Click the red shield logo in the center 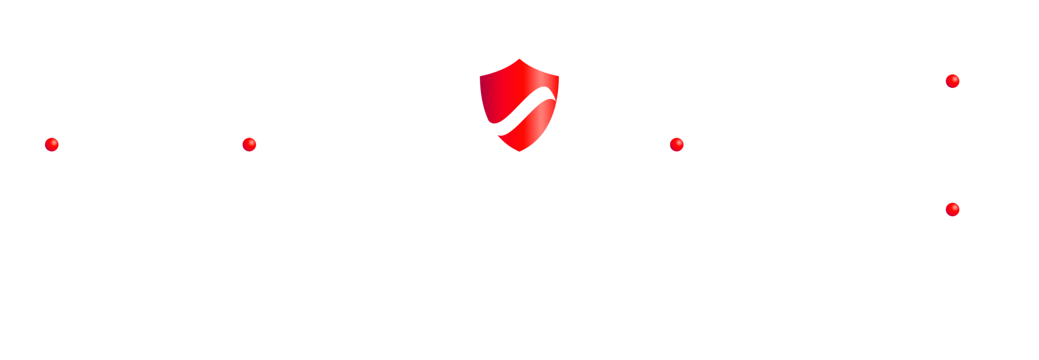[519, 105]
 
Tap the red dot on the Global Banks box [952, 81]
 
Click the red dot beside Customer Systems [52, 145]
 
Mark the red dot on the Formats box [677, 145]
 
